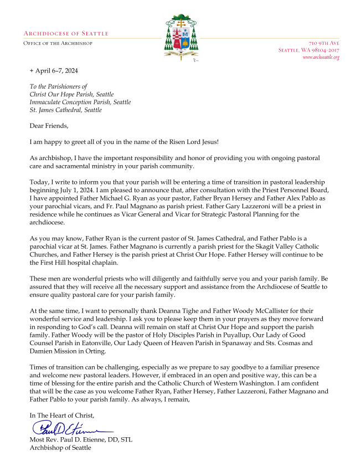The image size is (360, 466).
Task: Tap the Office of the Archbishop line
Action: coord(58,43)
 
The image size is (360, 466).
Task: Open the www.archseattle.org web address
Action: coord(321,57)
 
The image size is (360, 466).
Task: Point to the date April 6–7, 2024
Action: coord(58,71)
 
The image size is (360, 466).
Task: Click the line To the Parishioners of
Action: coord(59,86)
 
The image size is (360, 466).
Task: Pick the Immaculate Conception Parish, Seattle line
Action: coord(80,102)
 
